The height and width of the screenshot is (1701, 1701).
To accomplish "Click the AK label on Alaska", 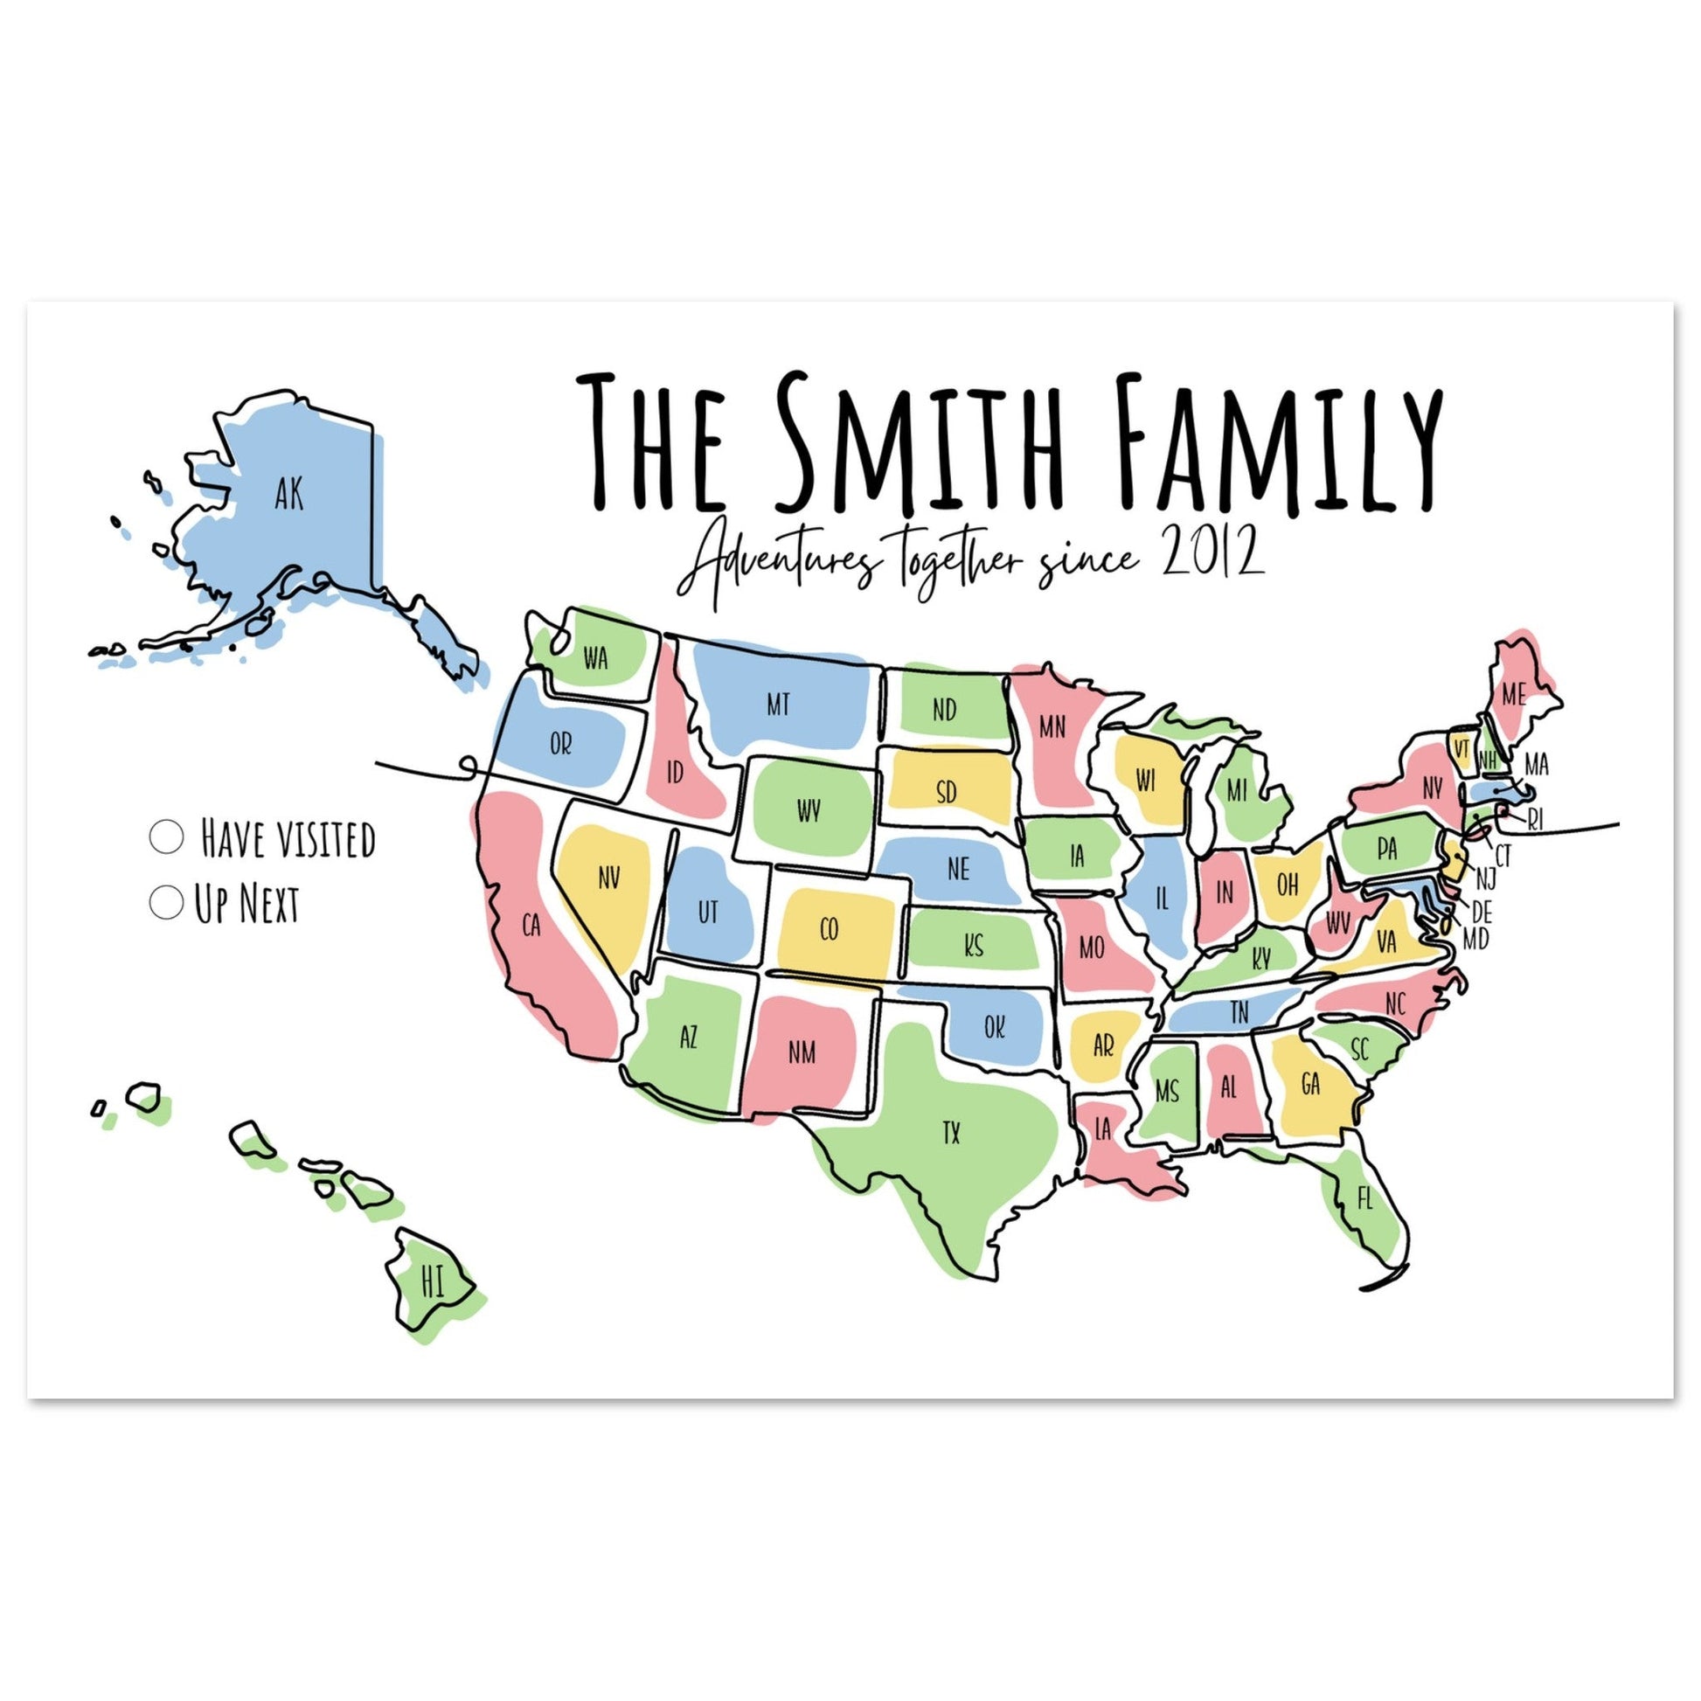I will [288, 495].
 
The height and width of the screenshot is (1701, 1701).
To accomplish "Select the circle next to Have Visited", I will [166, 837].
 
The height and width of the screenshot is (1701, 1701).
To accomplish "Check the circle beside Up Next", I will [165, 902].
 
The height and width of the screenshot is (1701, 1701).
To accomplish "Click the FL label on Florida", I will [1364, 1199].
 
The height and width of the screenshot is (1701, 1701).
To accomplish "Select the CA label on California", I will [531, 926].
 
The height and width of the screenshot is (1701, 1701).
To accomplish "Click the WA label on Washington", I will [596, 658].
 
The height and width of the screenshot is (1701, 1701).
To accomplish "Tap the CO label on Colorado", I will [829, 930].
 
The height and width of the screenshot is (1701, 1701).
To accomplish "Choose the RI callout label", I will [1536, 821].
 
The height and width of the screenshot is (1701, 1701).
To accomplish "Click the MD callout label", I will [1475, 941].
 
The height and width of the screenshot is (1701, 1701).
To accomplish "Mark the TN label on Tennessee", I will [1239, 1013].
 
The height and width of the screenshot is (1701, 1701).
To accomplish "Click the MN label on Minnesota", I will [1052, 727].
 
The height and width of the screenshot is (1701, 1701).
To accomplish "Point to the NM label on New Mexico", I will [802, 1052].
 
